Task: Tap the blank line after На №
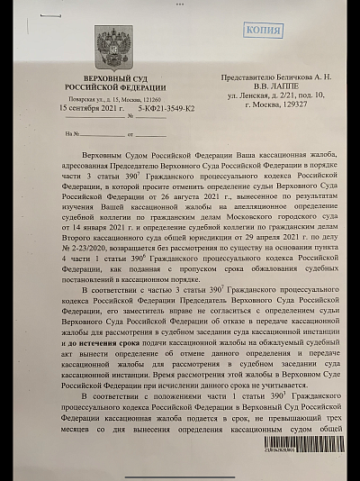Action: pos(87,134)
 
